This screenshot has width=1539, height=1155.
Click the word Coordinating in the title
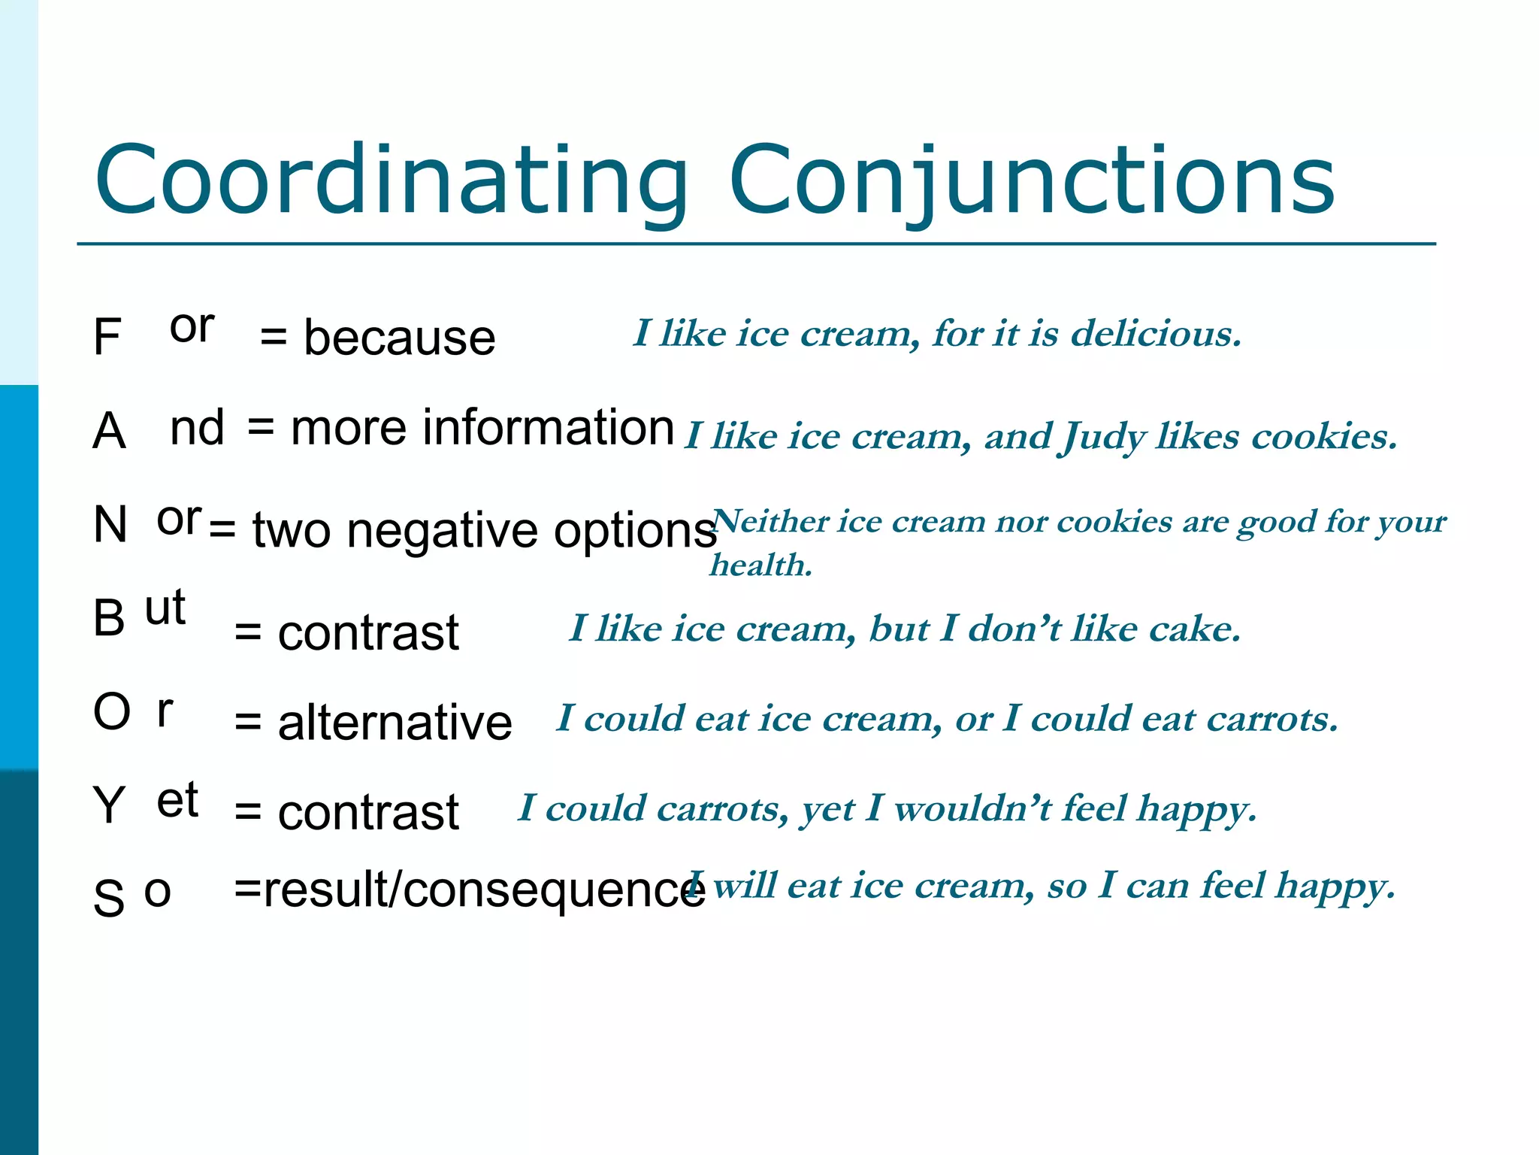(391, 180)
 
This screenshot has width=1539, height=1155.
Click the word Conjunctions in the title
(1031, 180)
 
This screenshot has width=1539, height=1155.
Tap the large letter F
(107, 338)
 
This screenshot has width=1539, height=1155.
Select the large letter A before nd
(109, 432)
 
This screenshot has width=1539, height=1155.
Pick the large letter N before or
(110, 524)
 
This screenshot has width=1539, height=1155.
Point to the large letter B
(109, 619)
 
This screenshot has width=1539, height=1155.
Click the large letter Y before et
(109, 805)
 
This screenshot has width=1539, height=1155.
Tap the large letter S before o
(109, 898)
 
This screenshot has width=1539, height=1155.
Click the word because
(399, 338)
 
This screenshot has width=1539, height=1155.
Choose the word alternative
(395, 723)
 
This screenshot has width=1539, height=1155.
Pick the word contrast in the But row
(368, 632)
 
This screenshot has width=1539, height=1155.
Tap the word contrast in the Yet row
(368, 813)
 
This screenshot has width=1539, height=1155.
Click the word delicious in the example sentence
(1155, 333)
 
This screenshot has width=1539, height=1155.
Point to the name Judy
(1103, 437)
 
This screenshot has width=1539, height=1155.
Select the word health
(760, 565)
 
